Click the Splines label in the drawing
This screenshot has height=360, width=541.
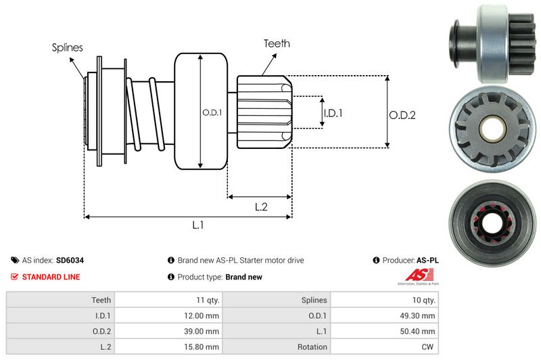68,48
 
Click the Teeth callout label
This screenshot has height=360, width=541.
277,43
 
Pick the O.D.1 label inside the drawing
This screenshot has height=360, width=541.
212,112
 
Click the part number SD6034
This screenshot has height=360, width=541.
70,260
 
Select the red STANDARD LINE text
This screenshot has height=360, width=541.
51,277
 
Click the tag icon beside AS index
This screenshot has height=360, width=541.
15,260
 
